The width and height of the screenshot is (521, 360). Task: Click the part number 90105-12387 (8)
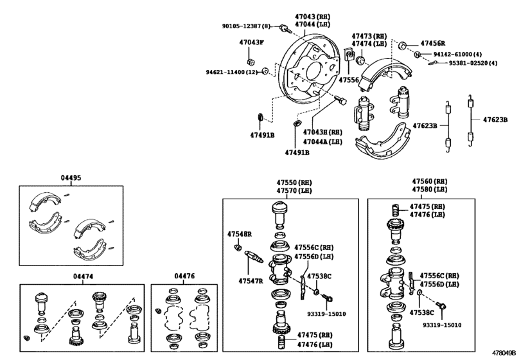(246, 26)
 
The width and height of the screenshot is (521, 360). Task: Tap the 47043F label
(252, 42)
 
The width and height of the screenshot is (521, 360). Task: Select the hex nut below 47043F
(251, 62)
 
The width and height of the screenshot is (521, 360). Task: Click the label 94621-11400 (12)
(232, 72)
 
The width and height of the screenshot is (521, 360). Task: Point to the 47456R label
(432, 43)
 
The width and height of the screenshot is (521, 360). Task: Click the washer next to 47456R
(402, 46)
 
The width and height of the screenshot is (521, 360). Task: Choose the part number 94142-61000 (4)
(457, 54)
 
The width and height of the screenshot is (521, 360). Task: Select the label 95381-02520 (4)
(473, 63)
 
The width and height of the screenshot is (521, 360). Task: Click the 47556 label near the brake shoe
(349, 80)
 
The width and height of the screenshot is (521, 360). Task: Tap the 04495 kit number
(71, 178)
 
